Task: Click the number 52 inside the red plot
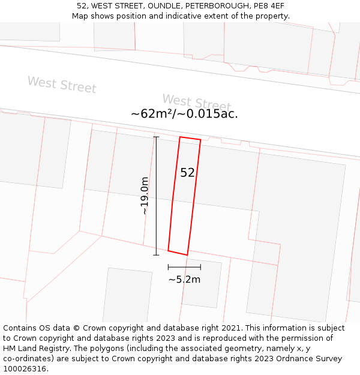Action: pos(187,173)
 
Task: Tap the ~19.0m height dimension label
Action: pos(145,196)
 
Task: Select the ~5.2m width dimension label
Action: pos(184,279)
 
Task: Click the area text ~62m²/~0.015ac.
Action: pos(184,113)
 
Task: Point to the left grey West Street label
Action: pos(62,84)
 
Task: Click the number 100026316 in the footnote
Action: pos(25,368)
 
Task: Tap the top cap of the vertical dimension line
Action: pos(156,137)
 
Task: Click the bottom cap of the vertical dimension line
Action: pos(156,255)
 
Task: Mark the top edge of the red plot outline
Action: pos(190,139)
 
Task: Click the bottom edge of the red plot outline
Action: pos(178,253)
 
